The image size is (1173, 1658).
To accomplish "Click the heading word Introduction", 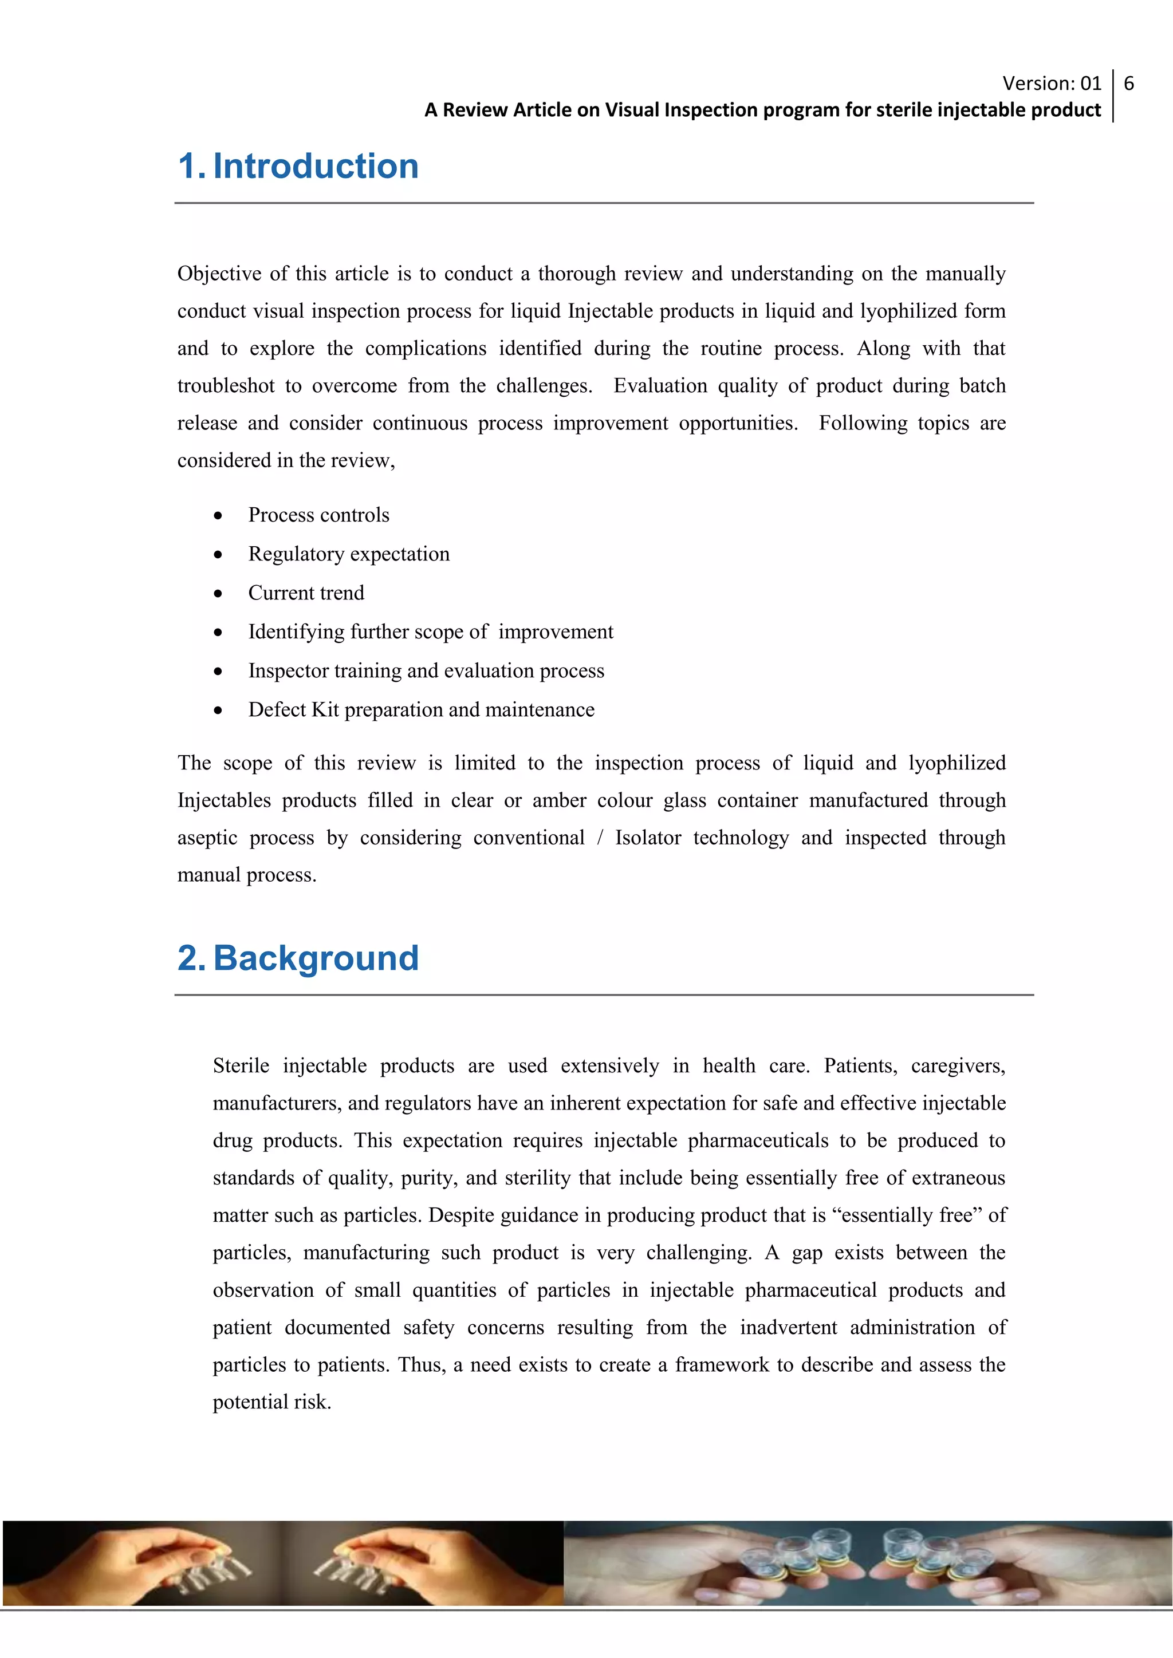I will coord(316,167).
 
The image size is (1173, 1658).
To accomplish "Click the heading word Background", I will coord(316,959).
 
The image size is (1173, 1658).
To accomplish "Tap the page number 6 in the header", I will coord(1129,84).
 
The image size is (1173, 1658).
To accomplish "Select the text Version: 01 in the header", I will coord(1052,84).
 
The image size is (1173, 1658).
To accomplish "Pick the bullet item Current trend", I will coord(306,593).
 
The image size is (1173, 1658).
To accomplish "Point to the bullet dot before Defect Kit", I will coord(218,710).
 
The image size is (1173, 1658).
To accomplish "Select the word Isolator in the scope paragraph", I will coord(648,838).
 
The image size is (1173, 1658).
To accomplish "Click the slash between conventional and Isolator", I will coord(600,838).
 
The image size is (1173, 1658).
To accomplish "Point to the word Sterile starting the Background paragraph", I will coord(241,1066).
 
